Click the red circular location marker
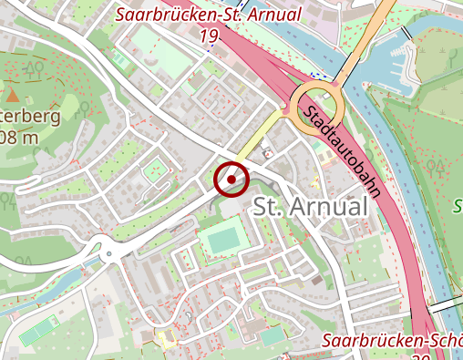[x=231, y=179]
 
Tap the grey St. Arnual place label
[x=310, y=207]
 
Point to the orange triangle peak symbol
[x=14, y=93]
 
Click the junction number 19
[x=209, y=36]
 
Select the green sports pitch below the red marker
[x=221, y=241]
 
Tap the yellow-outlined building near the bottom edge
[x=165, y=340]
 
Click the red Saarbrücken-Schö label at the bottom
[x=393, y=341]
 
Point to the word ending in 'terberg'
[x=31, y=117]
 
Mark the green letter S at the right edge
[x=458, y=205]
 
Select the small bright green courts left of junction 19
[x=119, y=59]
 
